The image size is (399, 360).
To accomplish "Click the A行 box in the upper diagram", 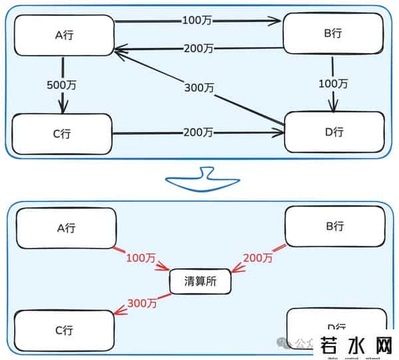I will click(x=64, y=35).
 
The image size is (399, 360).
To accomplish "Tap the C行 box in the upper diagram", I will click(x=62, y=134).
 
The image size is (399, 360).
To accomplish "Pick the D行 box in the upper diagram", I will click(x=334, y=132).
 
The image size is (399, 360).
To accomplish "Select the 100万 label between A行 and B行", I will click(x=198, y=21).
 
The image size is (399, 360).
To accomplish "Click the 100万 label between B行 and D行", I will click(x=333, y=84).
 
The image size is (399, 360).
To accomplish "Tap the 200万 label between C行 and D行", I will click(x=198, y=133).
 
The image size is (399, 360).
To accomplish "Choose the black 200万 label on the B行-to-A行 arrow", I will click(x=199, y=48).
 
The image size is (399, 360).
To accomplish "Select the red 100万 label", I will click(x=140, y=256).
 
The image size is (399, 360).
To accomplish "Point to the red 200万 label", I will click(x=257, y=256).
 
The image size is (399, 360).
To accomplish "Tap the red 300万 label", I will click(x=142, y=304).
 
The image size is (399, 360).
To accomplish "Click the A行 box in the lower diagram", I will click(x=65, y=228).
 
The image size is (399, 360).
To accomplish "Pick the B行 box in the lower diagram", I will click(x=334, y=226).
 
